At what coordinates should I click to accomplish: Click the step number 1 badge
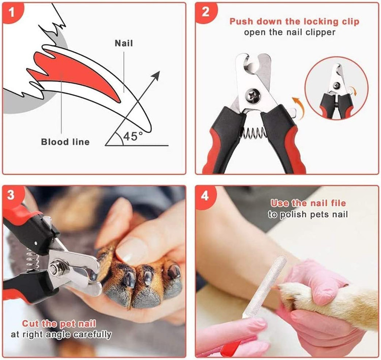12,12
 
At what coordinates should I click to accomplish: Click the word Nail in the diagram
123,43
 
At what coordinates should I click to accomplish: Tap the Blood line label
65,142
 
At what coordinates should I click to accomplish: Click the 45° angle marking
133,136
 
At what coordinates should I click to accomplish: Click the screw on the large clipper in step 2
253,95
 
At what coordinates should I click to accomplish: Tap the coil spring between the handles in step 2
253,133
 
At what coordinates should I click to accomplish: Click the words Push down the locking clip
294,22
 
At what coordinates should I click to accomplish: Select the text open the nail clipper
290,32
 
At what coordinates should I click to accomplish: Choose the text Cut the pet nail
59,323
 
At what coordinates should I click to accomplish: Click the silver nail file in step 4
264,287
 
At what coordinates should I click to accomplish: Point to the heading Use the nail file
308,203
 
